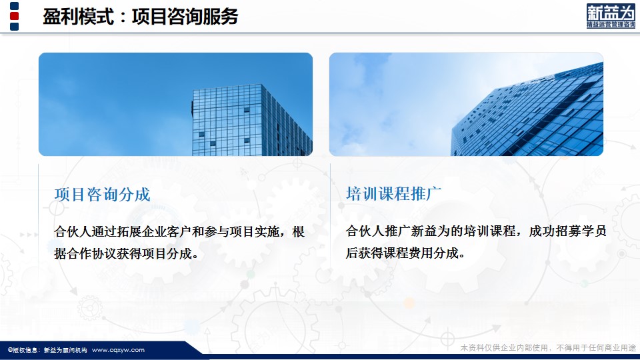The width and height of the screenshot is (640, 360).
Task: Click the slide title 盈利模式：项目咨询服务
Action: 140,17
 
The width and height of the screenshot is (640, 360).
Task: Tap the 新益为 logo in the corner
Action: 611,16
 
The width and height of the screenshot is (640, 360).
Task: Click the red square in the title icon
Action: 14,16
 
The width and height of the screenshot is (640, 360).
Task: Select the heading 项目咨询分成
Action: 103,194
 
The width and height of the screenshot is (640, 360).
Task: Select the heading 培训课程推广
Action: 394,193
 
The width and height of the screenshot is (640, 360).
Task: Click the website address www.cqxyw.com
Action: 119,350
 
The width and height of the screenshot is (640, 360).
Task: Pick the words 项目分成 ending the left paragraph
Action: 167,253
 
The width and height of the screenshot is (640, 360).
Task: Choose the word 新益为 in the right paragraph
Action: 431,231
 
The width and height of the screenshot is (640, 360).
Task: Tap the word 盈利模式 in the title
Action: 78,17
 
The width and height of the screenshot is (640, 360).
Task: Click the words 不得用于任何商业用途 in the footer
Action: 596,348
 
